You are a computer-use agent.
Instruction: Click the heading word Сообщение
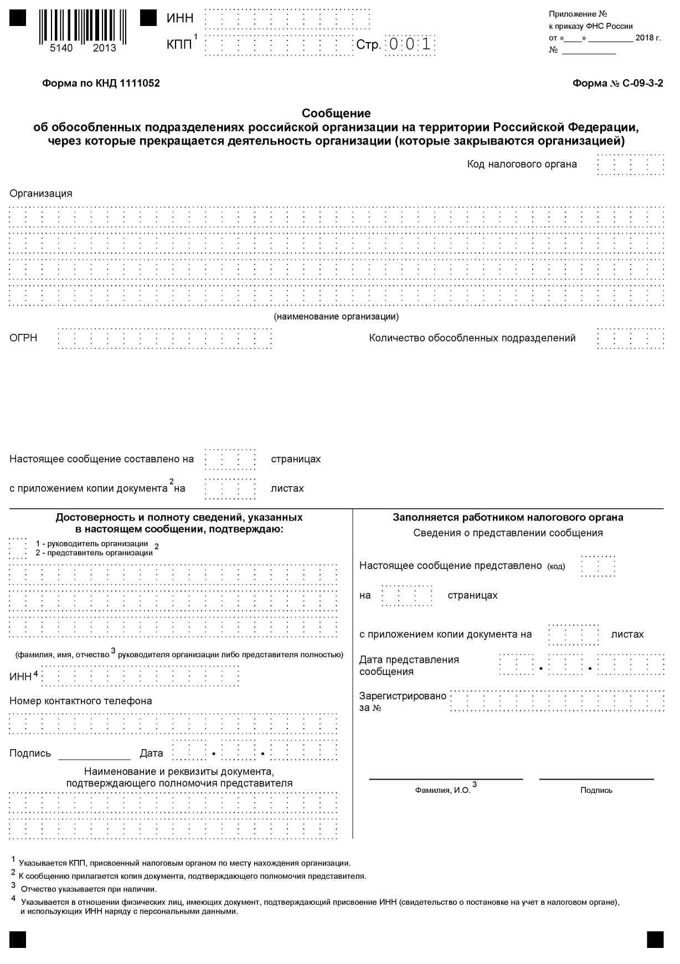click(336, 114)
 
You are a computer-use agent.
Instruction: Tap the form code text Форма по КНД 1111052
click(101, 84)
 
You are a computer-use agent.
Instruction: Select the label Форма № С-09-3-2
click(617, 84)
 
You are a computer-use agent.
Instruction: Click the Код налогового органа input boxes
click(630, 165)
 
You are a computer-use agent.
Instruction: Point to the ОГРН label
click(23, 338)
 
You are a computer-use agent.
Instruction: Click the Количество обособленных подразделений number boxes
click(630, 338)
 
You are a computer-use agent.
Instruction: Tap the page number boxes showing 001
click(410, 45)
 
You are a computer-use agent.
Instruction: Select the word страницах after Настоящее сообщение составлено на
click(296, 459)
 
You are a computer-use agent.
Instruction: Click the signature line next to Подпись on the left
click(94, 754)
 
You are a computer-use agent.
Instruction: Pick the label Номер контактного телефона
click(81, 701)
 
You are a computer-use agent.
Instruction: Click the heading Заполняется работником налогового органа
click(508, 518)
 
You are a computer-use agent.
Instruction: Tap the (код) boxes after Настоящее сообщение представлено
click(598, 566)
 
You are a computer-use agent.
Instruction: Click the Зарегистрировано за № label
click(402, 702)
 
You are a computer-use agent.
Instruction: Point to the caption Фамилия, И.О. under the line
click(442, 790)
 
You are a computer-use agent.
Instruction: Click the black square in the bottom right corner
click(655, 940)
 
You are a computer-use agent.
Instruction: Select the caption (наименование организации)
click(336, 317)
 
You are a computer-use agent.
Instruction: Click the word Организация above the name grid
click(41, 194)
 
